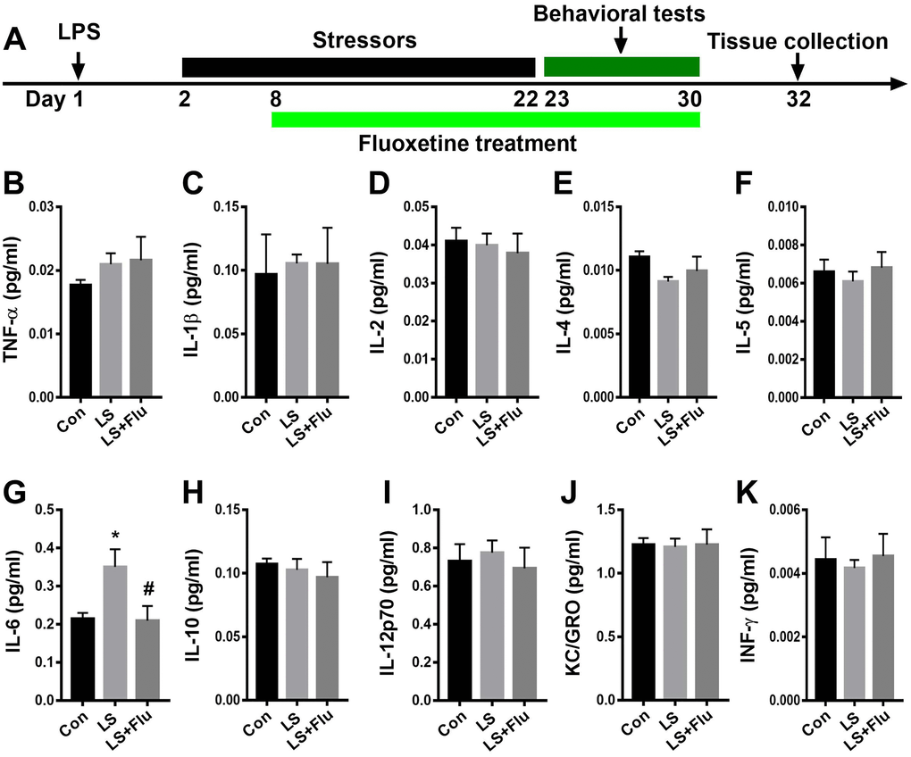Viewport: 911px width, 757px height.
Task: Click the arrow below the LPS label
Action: point(78,64)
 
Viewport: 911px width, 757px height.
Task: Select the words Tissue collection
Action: point(798,42)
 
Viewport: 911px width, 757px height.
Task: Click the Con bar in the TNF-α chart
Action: point(80,339)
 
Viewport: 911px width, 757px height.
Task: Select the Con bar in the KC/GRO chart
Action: point(644,621)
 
